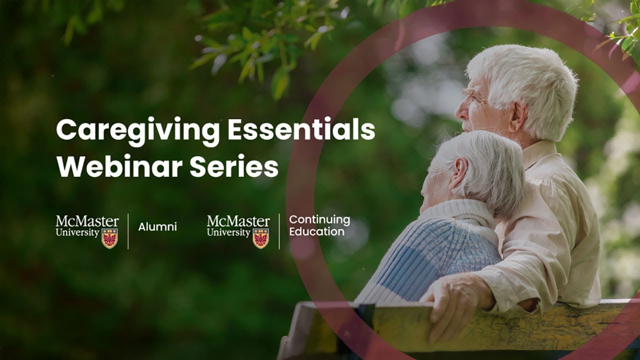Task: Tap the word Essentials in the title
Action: pos(301,130)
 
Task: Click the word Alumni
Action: pos(157,227)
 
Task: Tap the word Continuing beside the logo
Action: pos(319,219)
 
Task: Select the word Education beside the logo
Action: pos(316,232)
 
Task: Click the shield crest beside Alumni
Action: pos(109,238)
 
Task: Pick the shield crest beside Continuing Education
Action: pos(260,238)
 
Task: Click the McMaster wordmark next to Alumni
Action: pos(87,221)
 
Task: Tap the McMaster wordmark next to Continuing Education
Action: pos(238,221)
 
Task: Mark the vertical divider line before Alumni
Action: pos(128,231)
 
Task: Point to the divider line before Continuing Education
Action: pos(279,231)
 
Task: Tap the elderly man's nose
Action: pos(458,104)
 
